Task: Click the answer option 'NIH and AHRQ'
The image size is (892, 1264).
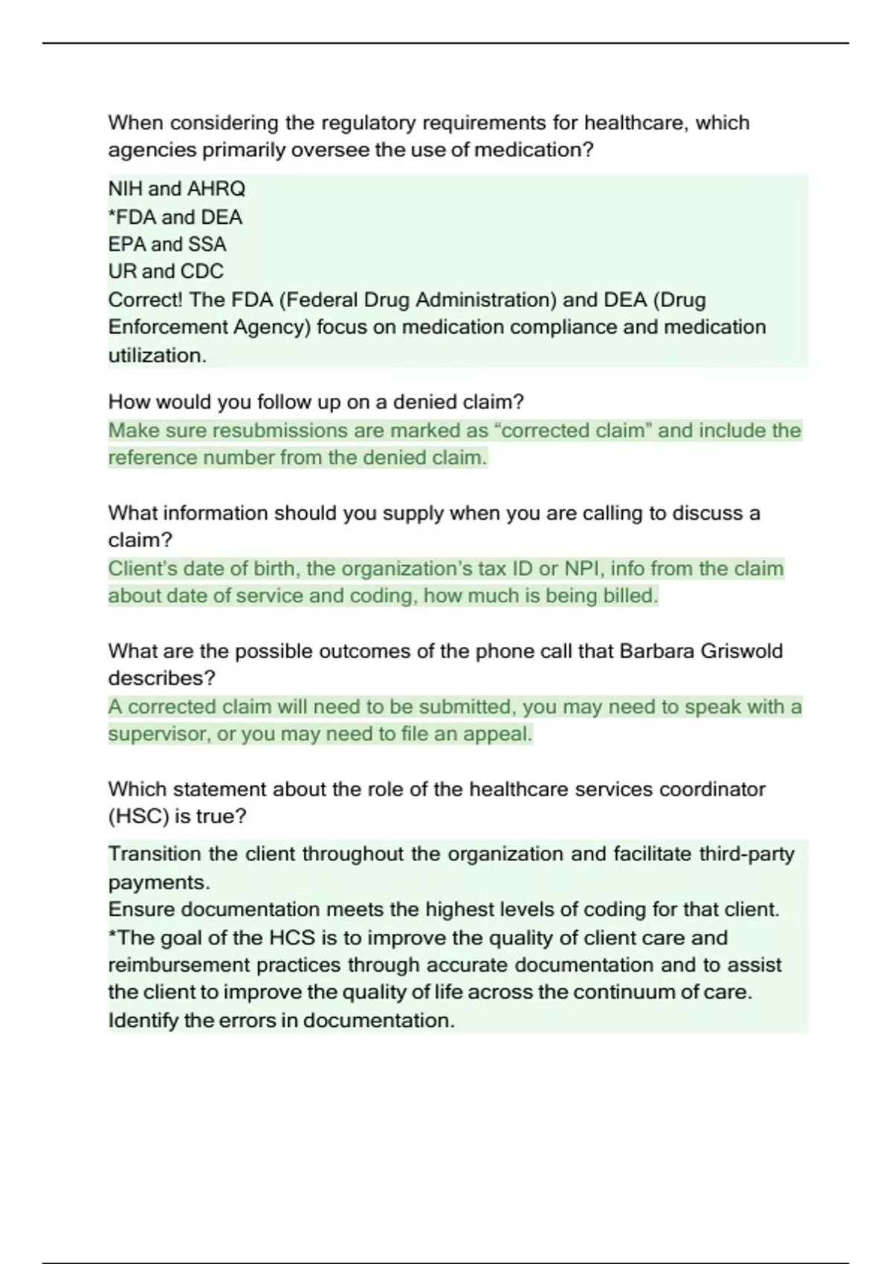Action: (176, 189)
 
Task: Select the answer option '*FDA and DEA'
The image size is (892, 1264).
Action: (175, 217)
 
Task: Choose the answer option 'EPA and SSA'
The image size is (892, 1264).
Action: (167, 244)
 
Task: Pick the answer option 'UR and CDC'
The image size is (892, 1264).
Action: (166, 271)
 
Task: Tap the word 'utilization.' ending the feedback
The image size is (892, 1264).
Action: (157, 355)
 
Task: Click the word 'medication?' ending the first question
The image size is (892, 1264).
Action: (534, 150)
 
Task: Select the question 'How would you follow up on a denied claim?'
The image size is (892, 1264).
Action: (316, 402)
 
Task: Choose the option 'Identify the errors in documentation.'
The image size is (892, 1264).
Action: (281, 1020)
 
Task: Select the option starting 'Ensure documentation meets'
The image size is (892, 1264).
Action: (444, 909)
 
